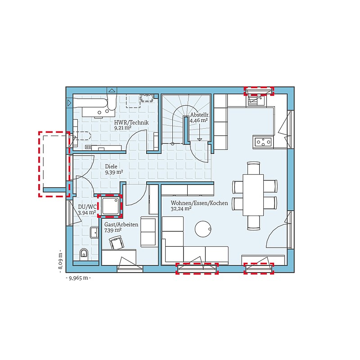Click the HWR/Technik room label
tap(131, 122)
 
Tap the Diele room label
tap(111, 166)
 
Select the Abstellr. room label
tap(199, 115)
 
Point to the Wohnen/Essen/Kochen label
tap(199, 203)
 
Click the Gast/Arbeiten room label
tap(121, 225)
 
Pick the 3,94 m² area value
tap(87, 212)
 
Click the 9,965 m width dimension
tap(78, 278)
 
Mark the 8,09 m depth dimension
tap(60, 261)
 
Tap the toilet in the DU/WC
tap(84, 254)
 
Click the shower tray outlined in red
tap(110, 206)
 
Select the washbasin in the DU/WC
tap(94, 233)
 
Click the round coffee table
tap(203, 229)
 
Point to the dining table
tap(253, 195)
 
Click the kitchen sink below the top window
tap(256, 100)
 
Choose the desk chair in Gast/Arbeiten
tap(117, 243)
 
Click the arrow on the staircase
tap(199, 132)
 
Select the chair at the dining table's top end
tap(253, 168)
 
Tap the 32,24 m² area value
tap(181, 209)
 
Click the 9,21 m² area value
tap(123, 128)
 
